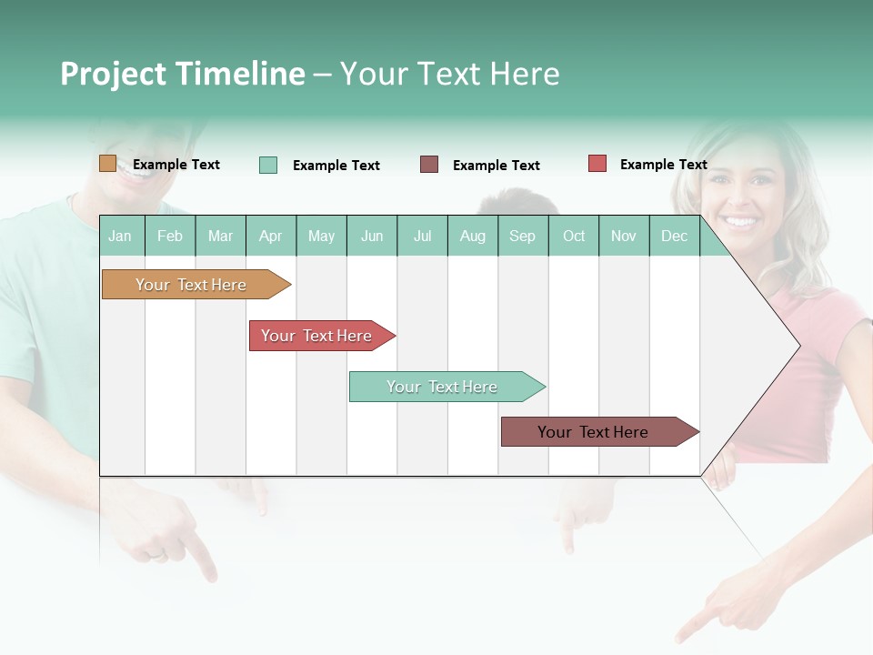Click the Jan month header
[x=121, y=237]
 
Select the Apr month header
[x=271, y=237]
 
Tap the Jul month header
[x=423, y=237]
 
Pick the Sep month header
[x=523, y=237]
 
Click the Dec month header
[x=674, y=237]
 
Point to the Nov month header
[x=624, y=237]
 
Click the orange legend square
[x=107, y=164]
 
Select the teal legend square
[x=268, y=165]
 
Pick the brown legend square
[x=429, y=165]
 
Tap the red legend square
[x=597, y=164]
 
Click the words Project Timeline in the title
[x=182, y=74]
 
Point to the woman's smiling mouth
[x=741, y=221]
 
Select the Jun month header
[x=372, y=237]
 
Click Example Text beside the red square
[x=663, y=165]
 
